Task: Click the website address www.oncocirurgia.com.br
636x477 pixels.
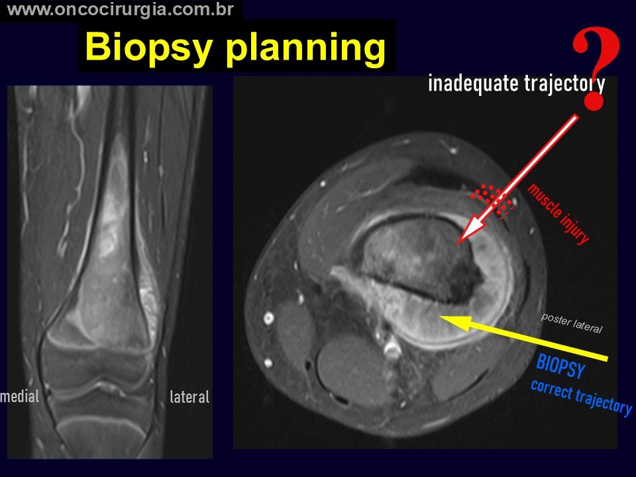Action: click(121, 10)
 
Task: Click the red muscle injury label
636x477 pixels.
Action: click(558, 213)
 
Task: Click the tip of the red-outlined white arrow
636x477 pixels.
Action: click(458, 244)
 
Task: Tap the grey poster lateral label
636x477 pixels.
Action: click(572, 323)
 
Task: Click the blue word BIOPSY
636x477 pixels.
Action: click(561, 366)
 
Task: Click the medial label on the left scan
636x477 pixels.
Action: click(20, 396)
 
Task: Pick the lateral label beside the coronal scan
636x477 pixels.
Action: click(190, 397)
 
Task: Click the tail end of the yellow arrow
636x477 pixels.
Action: click(608, 358)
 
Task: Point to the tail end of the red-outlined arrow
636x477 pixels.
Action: click(576, 117)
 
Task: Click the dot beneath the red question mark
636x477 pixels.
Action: click(594, 101)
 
